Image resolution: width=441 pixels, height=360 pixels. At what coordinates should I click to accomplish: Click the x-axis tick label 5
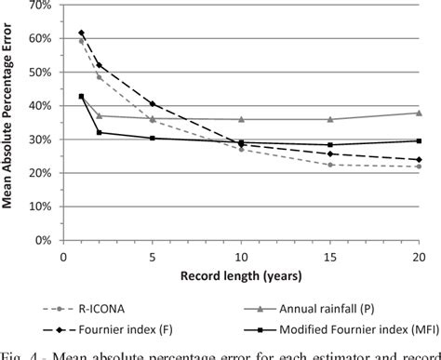152,254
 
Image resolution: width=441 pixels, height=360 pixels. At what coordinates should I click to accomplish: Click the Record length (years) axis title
241,277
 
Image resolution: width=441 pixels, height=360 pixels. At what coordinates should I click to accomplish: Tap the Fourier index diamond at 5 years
152,103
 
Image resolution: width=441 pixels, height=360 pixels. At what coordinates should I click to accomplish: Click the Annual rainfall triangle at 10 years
241,119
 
